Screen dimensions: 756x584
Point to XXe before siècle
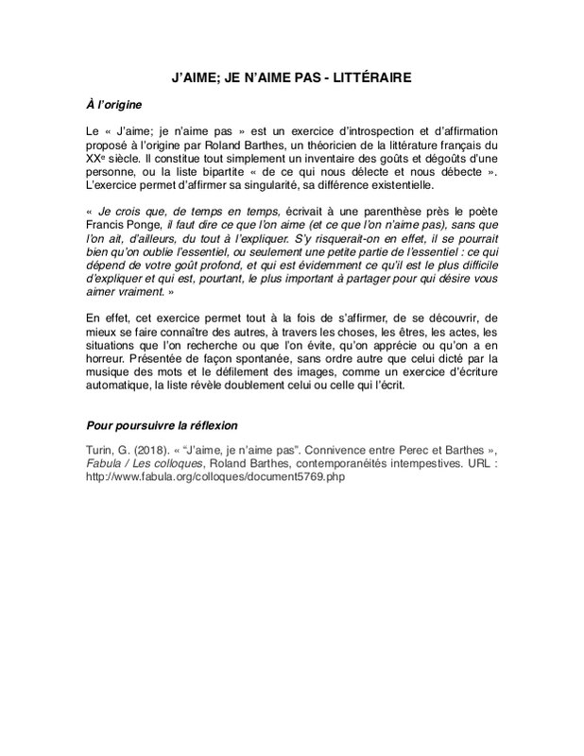coord(94,161)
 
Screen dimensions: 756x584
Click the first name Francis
coord(105,228)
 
